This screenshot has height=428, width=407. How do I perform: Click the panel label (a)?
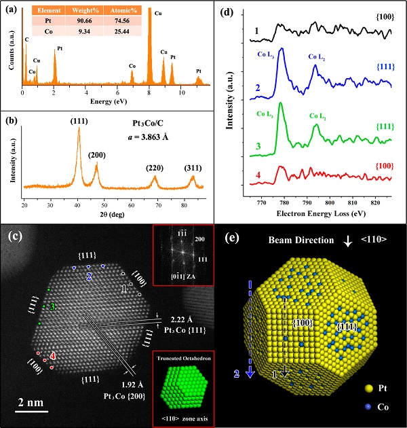[x=11, y=10]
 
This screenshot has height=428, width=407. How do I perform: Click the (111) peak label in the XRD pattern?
[x=79, y=123]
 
